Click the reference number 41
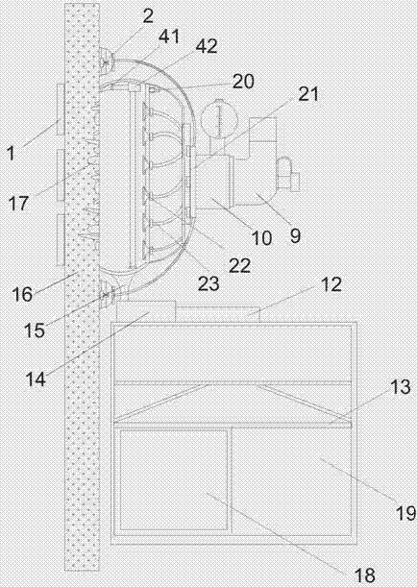pos(169,37)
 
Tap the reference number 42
pos(207,46)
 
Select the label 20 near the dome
pos(243,82)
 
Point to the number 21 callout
pos(308,94)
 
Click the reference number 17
pos(18,204)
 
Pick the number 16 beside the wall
pos(22,294)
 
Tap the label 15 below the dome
pos(35,330)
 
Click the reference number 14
pos(36,380)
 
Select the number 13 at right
pos(400,387)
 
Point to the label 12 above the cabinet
pos(331,285)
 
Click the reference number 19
pos(405,513)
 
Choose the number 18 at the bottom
pos(364,575)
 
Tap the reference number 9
pos(295,235)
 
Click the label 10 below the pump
pos(261,237)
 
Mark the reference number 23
pos(208,283)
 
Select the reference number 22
pos(239,265)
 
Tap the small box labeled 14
pos(146,310)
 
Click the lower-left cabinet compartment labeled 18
pos(174,480)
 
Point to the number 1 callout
pos(11,153)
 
